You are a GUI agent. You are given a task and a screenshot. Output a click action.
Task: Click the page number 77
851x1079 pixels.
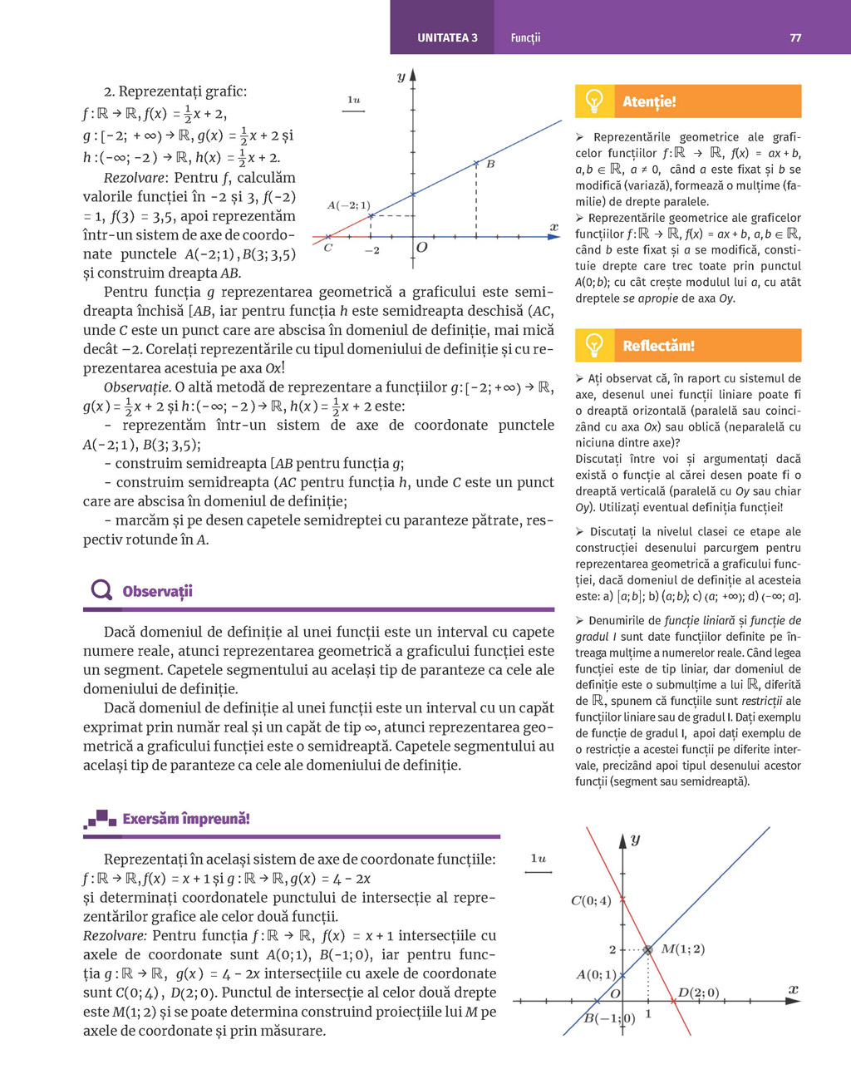(x=795, y=38)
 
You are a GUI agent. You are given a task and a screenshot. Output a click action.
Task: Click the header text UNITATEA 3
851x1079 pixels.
(x=447, y=38)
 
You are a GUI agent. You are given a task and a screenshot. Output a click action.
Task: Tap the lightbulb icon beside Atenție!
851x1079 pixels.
(x=594, y=101)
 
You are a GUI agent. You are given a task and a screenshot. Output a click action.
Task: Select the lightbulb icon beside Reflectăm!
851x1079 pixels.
(x=594, y=345)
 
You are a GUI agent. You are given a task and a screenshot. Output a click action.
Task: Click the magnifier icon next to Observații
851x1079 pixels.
(x=101, y=590)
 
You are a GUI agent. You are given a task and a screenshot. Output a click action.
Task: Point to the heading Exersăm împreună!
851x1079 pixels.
(x=185, y=819)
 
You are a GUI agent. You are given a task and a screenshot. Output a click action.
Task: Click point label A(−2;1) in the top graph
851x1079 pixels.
(x=348, y=205)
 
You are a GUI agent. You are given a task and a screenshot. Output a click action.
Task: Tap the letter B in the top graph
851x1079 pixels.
(x=490, y=165)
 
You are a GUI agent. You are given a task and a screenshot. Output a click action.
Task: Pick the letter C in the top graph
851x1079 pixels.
(x=328, y=248)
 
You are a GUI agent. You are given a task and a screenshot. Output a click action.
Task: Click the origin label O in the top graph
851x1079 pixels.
(x=422, y=248)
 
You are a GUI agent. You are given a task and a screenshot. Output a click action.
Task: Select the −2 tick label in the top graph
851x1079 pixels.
(x=371, y=250)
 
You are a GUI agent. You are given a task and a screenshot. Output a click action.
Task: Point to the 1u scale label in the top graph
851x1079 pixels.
(x=354, y=100)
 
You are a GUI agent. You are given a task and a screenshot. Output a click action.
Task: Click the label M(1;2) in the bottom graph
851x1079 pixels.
(x=682, y=949)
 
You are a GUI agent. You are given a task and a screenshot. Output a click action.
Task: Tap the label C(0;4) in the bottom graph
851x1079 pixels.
(x=591, y=900)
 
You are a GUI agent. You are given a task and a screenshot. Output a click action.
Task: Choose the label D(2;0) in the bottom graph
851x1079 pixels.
(x=698, y=993)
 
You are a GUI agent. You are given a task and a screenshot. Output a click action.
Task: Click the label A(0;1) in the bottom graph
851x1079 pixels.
(x=596, y=974)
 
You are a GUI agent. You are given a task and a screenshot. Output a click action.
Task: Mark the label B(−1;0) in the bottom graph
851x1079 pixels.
(x=609, y=1018)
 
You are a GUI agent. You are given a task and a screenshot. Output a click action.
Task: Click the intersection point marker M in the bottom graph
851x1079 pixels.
(x=648, y=949)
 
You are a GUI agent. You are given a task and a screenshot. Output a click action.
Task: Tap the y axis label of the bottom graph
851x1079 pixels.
(x=635, y=840)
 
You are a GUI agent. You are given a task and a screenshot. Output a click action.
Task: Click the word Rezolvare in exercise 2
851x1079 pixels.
(x=133, y=178)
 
